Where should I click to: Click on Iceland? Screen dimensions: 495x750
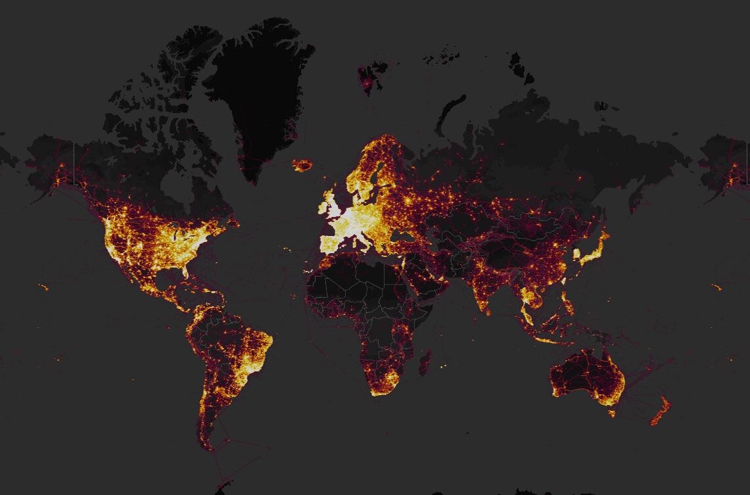click(x=302, y=165)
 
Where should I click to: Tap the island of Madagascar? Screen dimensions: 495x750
click(x=425, y=362)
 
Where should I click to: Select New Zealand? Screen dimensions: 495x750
click(x=659, y=412)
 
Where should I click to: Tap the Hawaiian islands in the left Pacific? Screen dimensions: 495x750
click(x=43, y=287)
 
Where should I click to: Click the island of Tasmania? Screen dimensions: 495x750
click(x=612, y=413)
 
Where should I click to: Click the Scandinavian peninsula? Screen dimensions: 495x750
click(x=371, y=168)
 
